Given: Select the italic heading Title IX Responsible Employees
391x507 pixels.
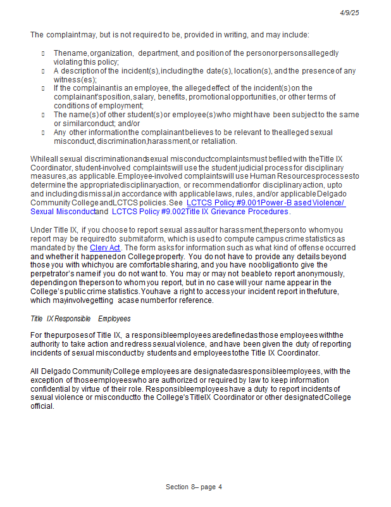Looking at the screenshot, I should [80, 318].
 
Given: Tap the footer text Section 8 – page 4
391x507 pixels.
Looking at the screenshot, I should [194, 487].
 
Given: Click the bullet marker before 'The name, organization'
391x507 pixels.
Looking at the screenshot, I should [43, 53].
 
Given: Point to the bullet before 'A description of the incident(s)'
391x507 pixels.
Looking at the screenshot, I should [43, 71].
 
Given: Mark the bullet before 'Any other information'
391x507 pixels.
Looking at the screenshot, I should [43, 132].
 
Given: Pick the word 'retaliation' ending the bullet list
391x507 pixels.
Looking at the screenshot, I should [217, 141].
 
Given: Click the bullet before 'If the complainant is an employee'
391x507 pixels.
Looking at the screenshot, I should [43, 88].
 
